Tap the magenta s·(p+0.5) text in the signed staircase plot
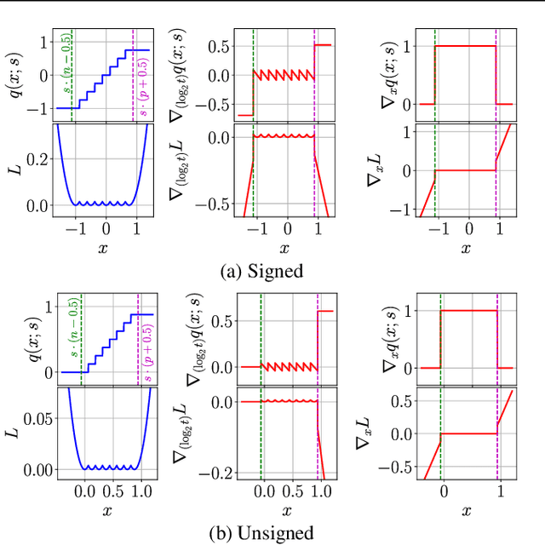coord(141,85)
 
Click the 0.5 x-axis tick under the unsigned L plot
coord(113,492)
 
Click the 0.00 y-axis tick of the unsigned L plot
coord(33,469)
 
